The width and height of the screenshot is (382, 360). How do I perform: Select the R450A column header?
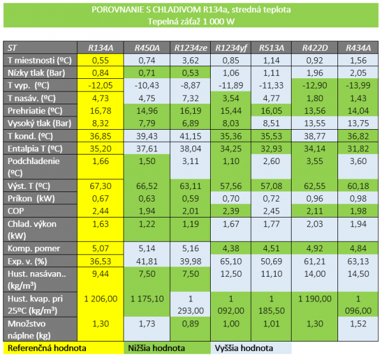(146, 48)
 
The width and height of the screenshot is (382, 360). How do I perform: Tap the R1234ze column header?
(190, 48)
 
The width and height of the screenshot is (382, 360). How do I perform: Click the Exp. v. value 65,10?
(231, 260)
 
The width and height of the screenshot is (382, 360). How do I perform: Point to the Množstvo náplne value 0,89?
(190, 325)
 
